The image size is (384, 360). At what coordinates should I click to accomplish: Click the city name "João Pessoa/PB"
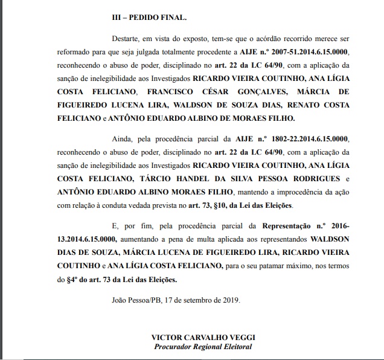[136, 300]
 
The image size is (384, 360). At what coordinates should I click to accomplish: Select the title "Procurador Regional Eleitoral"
[202, 346]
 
